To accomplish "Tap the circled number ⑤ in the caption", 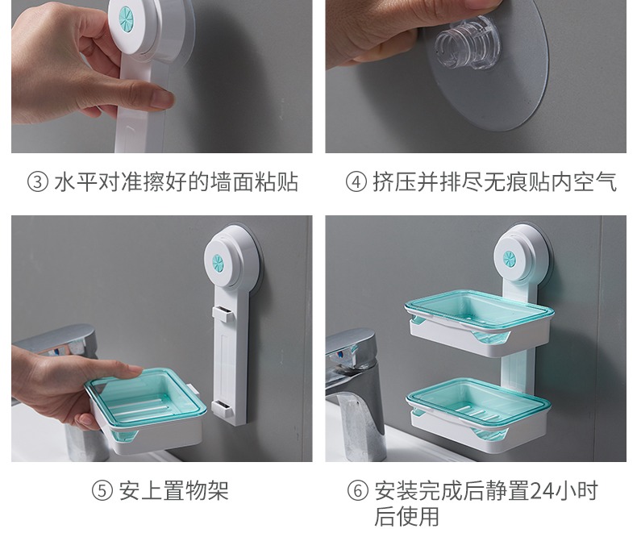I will click(102, 490).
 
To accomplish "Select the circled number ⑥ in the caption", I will click(357, 490).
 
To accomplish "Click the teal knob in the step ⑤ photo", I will click(218, 263).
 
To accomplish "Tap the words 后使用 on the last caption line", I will click(406, 516).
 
